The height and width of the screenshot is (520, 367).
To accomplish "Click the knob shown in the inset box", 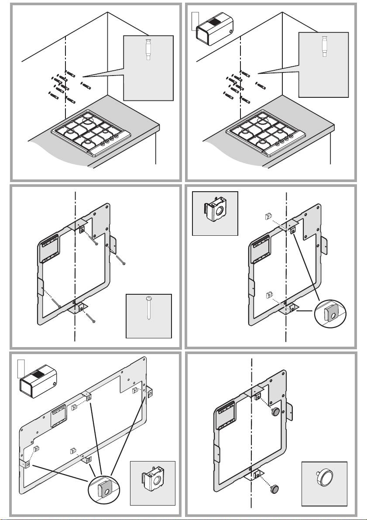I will tap(324, 481).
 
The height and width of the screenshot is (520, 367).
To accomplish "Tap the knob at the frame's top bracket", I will tap(276, 411).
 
